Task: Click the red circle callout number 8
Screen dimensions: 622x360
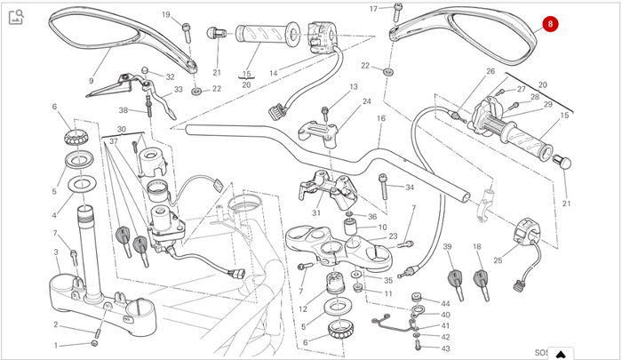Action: (550, 24)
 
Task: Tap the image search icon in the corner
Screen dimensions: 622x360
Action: (16, 17)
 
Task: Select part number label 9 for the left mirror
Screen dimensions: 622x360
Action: (92, 81)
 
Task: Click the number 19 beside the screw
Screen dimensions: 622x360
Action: (166, 15)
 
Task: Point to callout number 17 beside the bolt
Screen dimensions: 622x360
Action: (374, 9)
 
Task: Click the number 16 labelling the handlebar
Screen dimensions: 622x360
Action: (381, 118)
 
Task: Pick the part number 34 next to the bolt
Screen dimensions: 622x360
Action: (410, 188)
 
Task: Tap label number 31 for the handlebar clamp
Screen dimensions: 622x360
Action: (315, 213)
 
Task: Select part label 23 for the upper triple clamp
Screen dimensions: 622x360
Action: (393, 236)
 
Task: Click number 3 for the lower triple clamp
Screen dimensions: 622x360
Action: (56, 252)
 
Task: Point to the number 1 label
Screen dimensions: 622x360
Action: (56, 345)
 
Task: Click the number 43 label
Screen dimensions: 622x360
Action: (445, 348)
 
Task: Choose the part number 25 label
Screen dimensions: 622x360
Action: (498, 260)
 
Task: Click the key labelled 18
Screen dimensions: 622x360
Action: (482, 284)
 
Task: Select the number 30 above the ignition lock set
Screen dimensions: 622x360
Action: (122, 130)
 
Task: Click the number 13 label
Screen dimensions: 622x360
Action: (354, 86)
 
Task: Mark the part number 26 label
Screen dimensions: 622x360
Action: (490, 71)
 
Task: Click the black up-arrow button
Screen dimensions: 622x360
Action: (561, 354)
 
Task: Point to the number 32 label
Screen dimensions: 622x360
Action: (171, 77)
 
